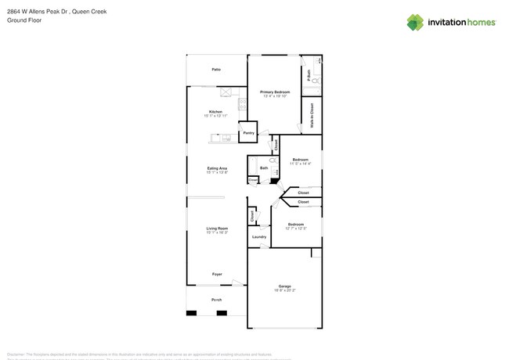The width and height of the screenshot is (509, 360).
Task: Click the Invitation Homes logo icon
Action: tap(415, 22)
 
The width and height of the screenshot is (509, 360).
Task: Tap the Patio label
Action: tap(215, 70)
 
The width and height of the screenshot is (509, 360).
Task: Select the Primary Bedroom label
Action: tap(274, 92)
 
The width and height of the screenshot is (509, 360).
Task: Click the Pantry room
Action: tap(248, 133)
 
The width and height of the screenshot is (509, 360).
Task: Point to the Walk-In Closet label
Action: tap(312, 115)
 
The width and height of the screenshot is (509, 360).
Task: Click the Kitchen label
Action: tap(215, 111)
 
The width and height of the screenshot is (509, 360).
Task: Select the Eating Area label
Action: tap(217, 168)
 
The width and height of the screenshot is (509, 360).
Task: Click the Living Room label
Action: tap(217, 229)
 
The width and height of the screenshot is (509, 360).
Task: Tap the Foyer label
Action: tap(217, 274)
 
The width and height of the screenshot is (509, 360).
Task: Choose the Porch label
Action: tap(216, 300)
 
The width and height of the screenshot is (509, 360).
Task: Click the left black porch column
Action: tap(191, 313)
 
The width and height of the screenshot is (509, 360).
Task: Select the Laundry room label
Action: tap(258, 236)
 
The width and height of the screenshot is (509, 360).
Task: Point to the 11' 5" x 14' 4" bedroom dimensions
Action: tap(301, 164)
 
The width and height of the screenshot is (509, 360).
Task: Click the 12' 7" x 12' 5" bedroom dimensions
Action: tap(295, 229)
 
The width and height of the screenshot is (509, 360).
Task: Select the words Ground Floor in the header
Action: tap(24, 20)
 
